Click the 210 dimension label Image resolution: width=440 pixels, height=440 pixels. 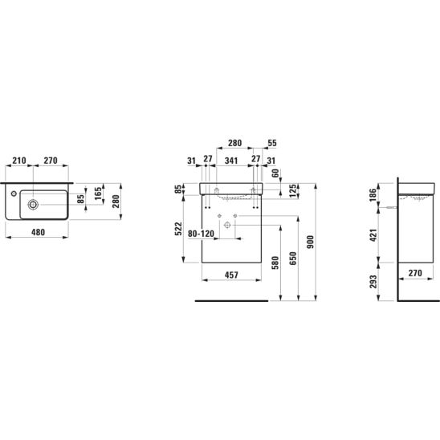19,161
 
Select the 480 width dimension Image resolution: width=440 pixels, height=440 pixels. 38,232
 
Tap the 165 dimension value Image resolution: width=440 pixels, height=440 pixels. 98,194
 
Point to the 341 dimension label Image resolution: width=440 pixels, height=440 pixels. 231,161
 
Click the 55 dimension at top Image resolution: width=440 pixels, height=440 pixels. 272,143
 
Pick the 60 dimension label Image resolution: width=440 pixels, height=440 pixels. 276,173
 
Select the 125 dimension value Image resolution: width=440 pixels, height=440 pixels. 292,191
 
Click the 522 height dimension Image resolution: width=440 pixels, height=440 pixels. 178,229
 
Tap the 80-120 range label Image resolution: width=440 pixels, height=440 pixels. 201,234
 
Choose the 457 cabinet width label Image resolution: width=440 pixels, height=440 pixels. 231,275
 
